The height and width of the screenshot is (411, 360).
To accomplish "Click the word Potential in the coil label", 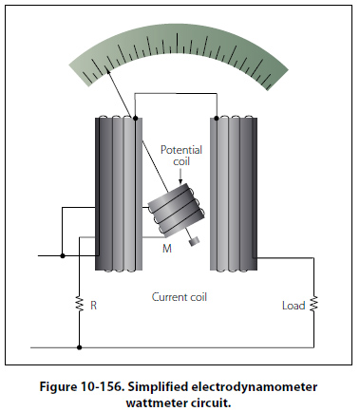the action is click(181, 150).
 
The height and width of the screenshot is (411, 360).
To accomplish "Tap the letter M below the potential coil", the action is click(167, 249).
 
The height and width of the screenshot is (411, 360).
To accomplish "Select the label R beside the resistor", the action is click(93, 306).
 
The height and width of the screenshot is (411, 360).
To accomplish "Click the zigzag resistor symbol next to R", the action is click(80, 304).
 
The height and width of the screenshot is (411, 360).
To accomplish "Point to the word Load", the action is click(294, 306).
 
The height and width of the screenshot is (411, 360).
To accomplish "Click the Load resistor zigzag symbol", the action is click(313, 304).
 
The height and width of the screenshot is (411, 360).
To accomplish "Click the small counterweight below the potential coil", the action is click(193, 241).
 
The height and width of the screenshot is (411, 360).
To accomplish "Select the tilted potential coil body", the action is click(177, 211).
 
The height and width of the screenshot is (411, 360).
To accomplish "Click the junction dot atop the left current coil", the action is click(135, 119).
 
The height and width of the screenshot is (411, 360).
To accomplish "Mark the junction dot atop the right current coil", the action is click(217, 119).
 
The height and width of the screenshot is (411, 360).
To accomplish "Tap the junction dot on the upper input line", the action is click(63, 255).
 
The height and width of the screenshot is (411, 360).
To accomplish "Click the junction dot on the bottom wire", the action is click(80, 347).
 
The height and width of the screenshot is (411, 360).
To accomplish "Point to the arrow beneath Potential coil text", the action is click(180, 176).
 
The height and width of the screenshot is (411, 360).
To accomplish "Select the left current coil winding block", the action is click(119, 194).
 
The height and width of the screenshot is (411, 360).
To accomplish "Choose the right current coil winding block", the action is click(234, 194).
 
